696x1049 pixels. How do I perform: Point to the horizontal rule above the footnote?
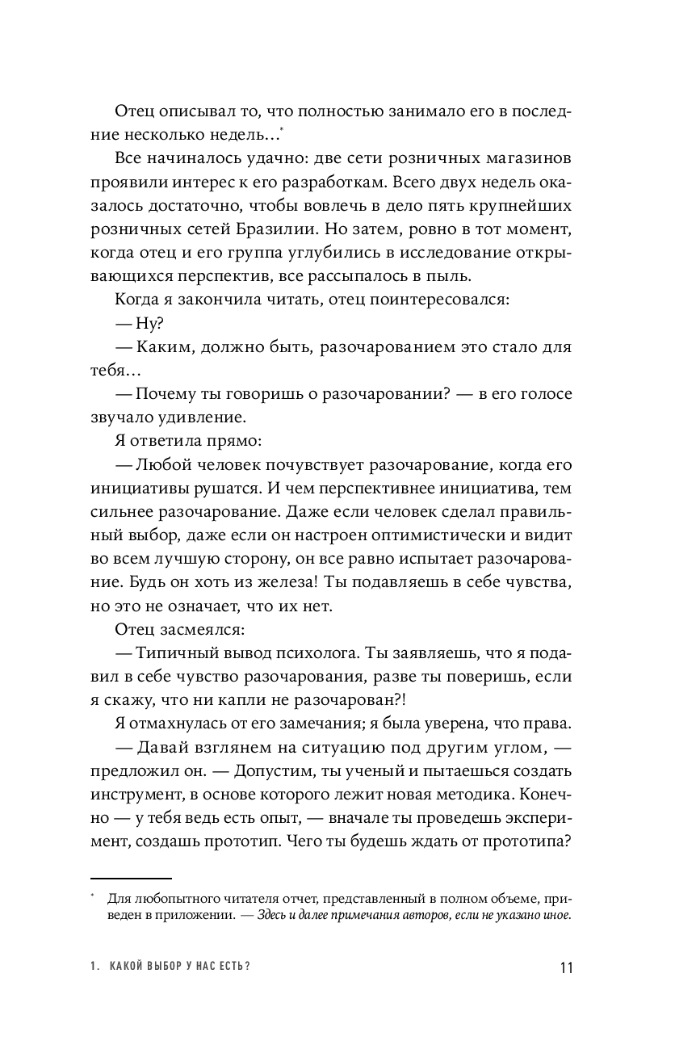point(131,878)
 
